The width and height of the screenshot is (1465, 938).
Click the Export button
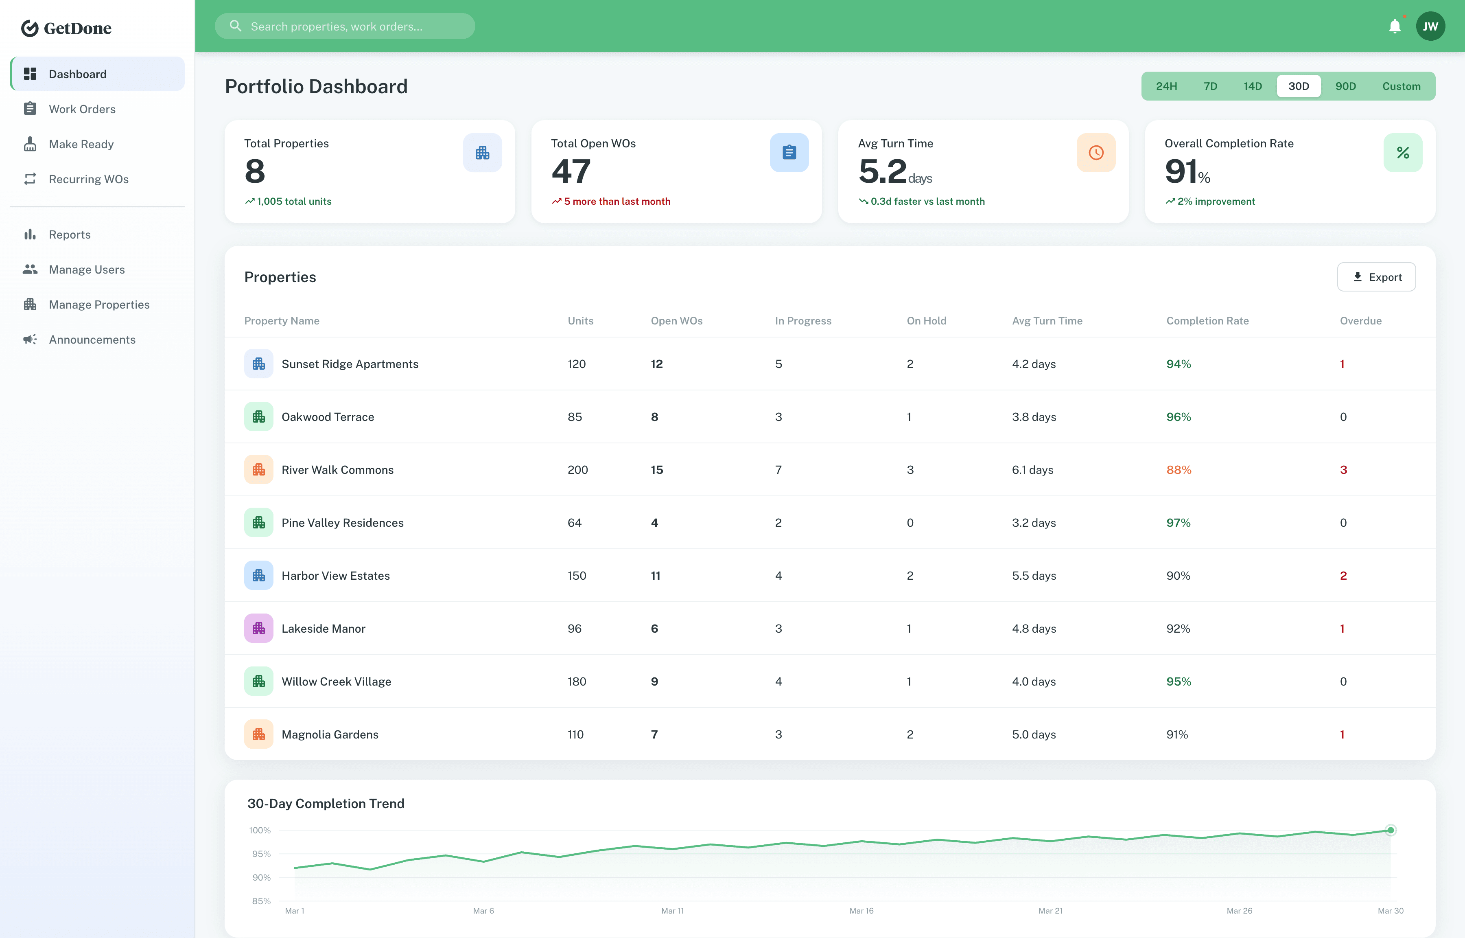pos(1376,277)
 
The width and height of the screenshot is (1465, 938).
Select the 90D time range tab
pos(1345,86)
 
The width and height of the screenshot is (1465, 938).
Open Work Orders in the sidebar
pos(82,109)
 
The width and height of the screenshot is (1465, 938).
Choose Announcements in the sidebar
pos(92,339)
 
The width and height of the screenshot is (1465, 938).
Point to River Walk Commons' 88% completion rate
pos(1179,469)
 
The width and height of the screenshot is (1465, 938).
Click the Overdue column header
pos(1360,321)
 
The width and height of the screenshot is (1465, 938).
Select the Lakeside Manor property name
pos(323,629)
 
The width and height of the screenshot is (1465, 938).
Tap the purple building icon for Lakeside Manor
pos(259,629)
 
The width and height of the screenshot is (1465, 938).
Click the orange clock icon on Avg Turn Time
pos(1095,153)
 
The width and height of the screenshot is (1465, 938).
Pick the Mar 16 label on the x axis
pos(861,911)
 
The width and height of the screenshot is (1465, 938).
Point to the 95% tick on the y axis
pos(261,854)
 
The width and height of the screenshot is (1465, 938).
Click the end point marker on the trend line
pos(1390,830)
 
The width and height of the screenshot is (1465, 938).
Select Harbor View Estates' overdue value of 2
pos(1343,576)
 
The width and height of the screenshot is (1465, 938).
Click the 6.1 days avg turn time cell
pos(1032,469)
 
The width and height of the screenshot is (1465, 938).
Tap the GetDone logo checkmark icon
pos(30,28)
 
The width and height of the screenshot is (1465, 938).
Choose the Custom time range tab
pos(1401,86)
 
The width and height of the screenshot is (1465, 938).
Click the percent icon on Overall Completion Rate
pos(1402,153)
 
